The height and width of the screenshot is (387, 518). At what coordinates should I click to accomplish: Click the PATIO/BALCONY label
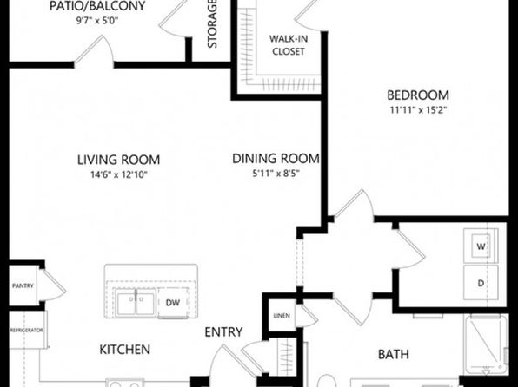97,6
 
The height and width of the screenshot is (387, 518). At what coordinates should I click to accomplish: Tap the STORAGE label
212,23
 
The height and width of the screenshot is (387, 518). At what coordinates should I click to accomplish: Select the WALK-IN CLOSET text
289,45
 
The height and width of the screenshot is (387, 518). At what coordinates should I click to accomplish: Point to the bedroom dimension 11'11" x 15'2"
418,110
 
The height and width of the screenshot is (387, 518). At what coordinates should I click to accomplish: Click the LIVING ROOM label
118,160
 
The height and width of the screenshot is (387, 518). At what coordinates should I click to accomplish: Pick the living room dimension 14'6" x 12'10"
119,174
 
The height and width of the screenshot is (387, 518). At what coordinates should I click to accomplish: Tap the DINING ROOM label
276,159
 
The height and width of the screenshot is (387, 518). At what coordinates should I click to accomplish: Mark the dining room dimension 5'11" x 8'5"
276,174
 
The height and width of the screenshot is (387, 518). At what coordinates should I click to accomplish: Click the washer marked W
481,246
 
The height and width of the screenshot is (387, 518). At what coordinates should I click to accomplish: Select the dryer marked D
481,282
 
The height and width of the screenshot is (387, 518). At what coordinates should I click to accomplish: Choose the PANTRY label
23,285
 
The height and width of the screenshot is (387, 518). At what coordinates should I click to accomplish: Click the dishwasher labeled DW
173,303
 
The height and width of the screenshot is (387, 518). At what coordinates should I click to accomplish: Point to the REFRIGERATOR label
26,331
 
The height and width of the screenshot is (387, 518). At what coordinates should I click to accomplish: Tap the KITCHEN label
125,350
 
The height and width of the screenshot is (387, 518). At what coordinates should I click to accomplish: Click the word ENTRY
223,332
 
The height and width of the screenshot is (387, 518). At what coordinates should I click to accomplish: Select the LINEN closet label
282,316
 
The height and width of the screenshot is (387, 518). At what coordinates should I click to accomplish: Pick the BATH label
394,354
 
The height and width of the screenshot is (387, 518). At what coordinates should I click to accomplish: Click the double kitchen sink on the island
136,303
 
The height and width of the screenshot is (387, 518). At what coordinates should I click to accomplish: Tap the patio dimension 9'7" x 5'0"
97,21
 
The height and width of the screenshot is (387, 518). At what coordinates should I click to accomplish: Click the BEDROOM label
418,95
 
